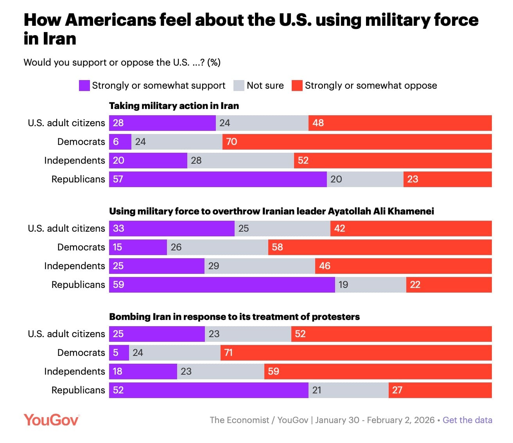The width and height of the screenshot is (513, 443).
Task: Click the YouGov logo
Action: (52, 420)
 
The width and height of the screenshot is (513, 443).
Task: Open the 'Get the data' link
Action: (467, 420)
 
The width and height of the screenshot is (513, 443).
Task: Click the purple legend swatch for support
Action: (84, 86)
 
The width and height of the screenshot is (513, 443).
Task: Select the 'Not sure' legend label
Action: (265, 86)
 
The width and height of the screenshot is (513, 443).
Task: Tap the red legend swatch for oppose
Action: (297, 86)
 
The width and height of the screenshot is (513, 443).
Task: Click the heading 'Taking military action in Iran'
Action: (174, 106)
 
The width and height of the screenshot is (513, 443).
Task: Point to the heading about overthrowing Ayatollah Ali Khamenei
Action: (271, 211)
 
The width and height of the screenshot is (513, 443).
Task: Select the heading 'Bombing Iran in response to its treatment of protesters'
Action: (234, 317)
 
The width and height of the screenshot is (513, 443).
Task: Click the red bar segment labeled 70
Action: (357, 142)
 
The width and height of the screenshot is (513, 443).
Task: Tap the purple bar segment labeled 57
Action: (218, 179)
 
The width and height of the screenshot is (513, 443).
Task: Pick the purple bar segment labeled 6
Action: (120, 142)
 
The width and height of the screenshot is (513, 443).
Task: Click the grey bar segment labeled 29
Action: (260, 266)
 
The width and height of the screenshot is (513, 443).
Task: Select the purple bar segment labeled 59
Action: (222, 285)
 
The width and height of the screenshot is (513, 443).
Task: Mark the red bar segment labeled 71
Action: (356, 353)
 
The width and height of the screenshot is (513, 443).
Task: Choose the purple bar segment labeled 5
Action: (119, 353)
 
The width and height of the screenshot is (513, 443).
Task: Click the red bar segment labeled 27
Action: (440, 390)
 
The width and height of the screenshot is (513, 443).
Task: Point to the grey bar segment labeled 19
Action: (370, 285)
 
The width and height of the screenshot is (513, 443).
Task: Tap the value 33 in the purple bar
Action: (118, 229)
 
